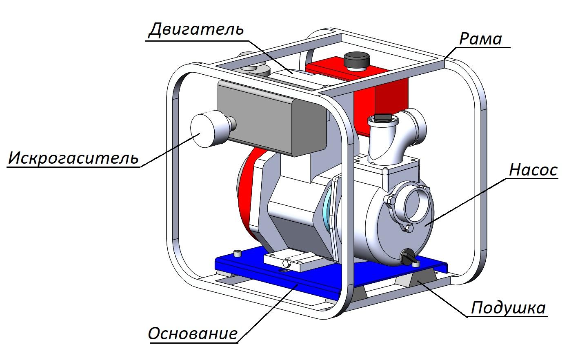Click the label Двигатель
[x=196, y=30]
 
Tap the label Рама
[x=480, y=39]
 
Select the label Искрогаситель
[x=73, y=158]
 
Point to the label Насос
[x=533, y=170]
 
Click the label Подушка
[x=508, y=308]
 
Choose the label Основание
[x=193, y=333]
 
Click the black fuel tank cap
[x=356, y=60]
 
